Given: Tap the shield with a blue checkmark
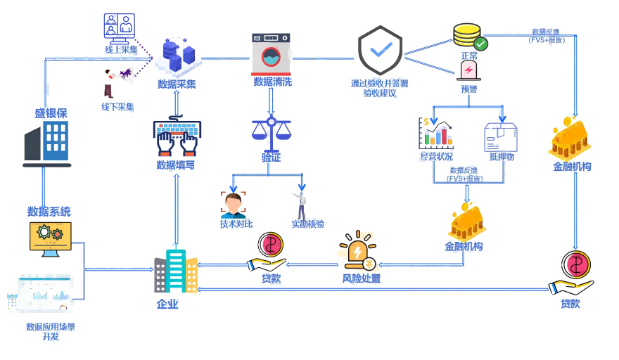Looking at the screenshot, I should (x=380, y=51).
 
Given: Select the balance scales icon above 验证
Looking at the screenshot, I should (x=271, y=130).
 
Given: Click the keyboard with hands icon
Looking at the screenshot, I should (x=176, y=137).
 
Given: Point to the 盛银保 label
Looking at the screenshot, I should (x=51, y=113).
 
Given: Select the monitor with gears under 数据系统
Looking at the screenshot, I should (x=50, y=238).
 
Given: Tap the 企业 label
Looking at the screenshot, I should (x=167, y=304).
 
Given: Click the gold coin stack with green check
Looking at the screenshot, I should (x=469, y=37).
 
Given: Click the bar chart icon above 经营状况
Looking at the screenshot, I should (x=436, y=134).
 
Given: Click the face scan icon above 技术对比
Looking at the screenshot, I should (x=234, y=204).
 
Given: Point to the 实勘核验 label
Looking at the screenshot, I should (x=308, y=224).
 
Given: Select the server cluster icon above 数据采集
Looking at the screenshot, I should (x=177, y=56).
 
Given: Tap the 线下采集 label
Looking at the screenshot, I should (x=117, y=107).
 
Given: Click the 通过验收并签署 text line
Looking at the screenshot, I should (x=379, y=83).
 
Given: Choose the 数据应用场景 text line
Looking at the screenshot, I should (x=51, y=327).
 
